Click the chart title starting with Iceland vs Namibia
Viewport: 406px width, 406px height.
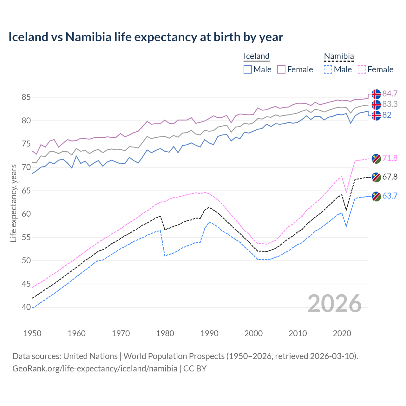(146, 37)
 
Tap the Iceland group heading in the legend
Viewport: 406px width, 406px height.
(256, 56)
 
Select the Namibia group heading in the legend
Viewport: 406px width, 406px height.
(338, 56)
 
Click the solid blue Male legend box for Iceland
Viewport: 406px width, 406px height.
(248, 69)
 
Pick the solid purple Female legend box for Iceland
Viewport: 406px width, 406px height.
(281, 69)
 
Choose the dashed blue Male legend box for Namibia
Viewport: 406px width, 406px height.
(328, 69)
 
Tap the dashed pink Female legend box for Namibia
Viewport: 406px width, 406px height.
(362, 69)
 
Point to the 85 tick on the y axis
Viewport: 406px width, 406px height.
(26, 97)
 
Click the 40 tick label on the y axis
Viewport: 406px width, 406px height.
(26, 307)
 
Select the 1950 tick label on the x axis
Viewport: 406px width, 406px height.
(32, 333)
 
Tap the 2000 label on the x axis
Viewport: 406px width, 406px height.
(253, 333)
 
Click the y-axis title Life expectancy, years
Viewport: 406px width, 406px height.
(13, 203)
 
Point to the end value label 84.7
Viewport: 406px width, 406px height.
(390, 94)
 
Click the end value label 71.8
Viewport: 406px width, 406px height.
(390, 158)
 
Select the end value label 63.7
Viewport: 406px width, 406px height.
(390, 196)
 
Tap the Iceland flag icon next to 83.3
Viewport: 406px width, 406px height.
(376, 104)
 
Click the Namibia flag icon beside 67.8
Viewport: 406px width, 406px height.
(376, 177)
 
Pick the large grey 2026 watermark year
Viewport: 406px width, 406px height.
(334, 304)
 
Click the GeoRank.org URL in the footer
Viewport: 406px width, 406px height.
(95, 369)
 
